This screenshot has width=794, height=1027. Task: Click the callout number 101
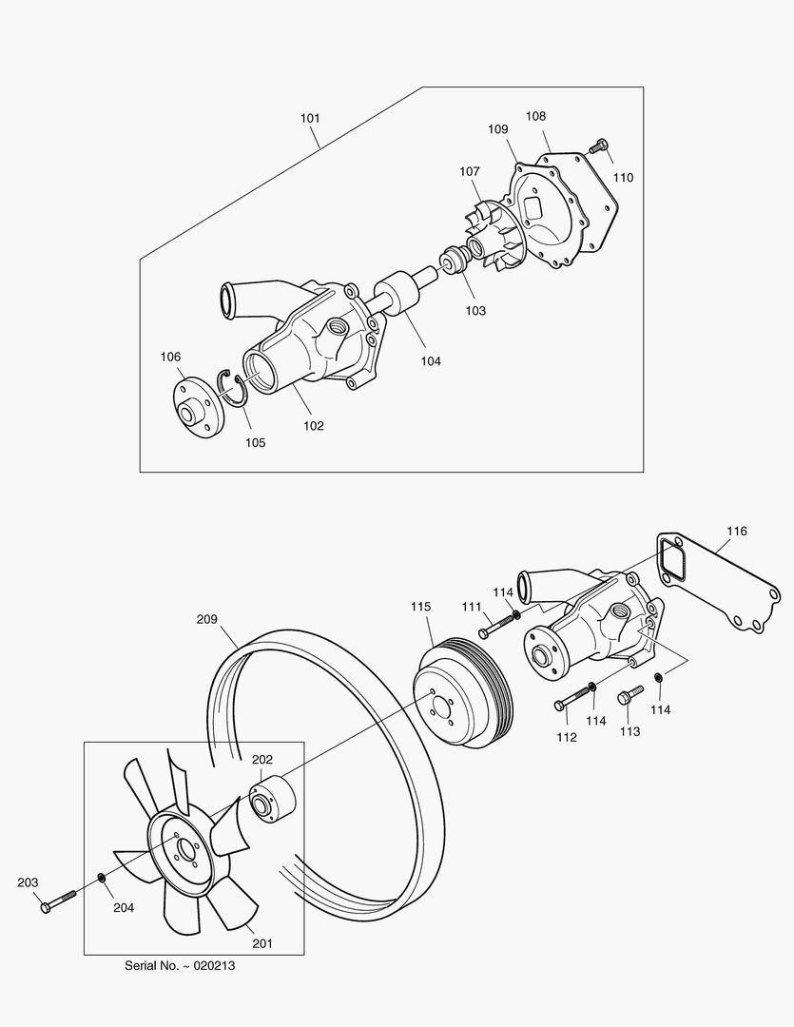click(310, 119)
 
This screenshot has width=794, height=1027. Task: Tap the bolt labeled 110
click(598, 146)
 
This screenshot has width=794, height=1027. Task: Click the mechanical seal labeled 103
click(455, 262)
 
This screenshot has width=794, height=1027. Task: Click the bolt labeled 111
click(495, 628)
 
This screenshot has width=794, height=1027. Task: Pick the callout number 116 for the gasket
click(737, 531)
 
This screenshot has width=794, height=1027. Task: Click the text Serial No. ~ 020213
click(180, 965)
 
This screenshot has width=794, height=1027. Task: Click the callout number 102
click(313, 425)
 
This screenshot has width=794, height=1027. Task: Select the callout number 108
click(535, 116)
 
